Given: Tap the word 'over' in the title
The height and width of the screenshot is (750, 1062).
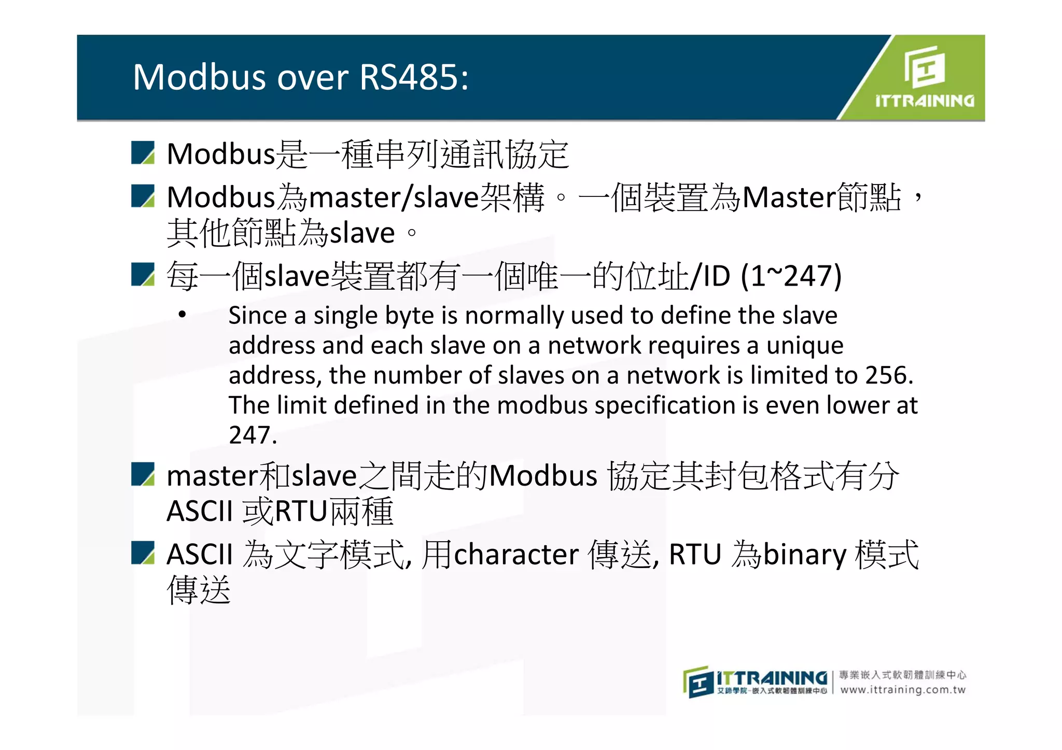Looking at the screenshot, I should coord(313,78).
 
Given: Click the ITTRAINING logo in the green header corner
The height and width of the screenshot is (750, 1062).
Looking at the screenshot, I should coord(924,78).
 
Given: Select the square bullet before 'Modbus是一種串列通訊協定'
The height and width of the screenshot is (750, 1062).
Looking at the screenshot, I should coord(143,153).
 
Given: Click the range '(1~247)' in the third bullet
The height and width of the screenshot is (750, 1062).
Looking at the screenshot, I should coord(790,276).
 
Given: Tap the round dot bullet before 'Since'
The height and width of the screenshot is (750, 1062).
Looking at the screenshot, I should coord(182,314).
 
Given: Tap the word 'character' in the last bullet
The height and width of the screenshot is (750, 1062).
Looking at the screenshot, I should coord(516,555).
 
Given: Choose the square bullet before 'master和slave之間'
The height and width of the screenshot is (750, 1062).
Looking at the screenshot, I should coord(143,474).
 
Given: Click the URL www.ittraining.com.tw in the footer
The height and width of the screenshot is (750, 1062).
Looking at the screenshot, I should coord(903,690).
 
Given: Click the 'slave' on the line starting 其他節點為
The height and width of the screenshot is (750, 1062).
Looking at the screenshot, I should coord(362,233).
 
